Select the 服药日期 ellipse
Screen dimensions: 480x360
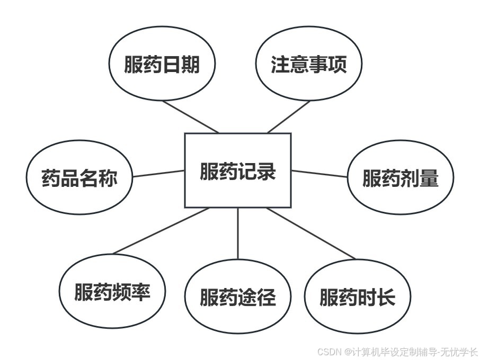pos(162,64)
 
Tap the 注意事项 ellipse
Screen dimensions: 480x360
pos(308,64)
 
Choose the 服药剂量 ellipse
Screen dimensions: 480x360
pos(401,178)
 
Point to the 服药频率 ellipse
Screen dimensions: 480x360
pos(112,292)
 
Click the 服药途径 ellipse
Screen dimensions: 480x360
pos(237,298)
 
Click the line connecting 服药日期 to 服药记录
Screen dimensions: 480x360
pos(191,116)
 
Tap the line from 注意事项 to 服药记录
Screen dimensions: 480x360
pos(289,116)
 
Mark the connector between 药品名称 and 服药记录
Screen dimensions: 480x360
pos(159,174)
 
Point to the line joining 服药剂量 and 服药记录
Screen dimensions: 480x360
pos(319,174)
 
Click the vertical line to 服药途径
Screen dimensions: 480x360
pos(237,233)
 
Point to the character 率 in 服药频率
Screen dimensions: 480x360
pos(141,292)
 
